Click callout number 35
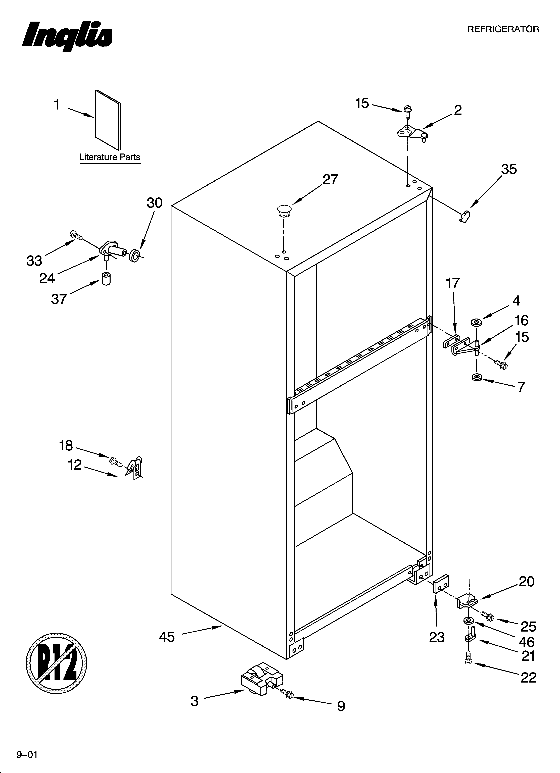(x=508, y=169)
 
